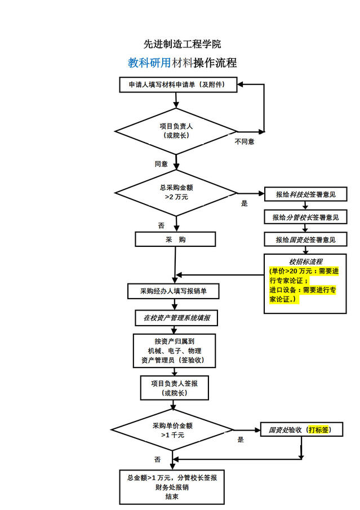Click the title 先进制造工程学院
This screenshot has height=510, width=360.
(x=182, y=44)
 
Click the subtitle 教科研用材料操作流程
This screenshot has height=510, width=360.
(x=182, y=63)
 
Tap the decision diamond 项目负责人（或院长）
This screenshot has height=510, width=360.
(x=176, y=131)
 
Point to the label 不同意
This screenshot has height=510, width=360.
(x=245, y=141)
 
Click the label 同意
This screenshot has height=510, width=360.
(x=161, y=164)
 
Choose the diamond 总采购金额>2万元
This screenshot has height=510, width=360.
(x=176, y=193)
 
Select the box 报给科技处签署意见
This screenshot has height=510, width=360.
(x=305, y=194)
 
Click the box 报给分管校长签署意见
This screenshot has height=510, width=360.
(x=305, y=217)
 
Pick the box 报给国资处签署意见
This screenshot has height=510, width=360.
(x=305, y=240)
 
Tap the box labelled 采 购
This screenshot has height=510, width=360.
(x=175, y=240)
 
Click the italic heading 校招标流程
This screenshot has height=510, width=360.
(x=305, y=261)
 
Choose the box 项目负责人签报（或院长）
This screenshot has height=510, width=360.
(x=174, y=387)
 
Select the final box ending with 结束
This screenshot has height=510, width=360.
(x=172, y=487)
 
